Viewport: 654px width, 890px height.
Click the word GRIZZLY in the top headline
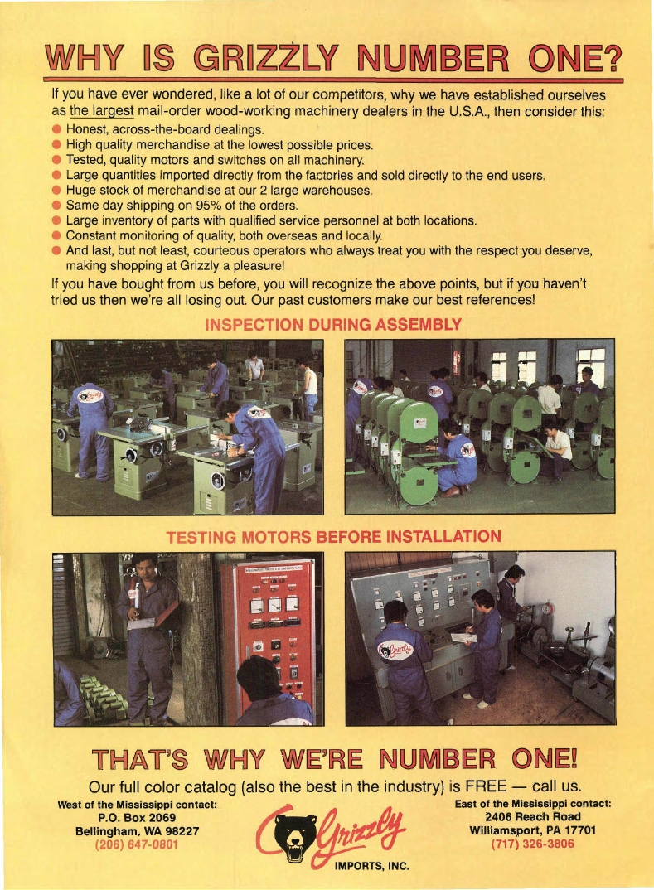(265, 58)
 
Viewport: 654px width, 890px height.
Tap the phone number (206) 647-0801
(136, 844)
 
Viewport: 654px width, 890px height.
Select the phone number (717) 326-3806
(532, 844)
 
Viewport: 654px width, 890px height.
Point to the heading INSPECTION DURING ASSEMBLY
(333, 325)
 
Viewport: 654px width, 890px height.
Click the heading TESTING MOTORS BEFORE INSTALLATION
(334, 537)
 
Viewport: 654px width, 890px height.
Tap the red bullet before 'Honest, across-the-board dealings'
(56, 129)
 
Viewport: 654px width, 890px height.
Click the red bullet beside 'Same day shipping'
(56, 205)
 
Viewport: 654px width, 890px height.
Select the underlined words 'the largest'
(102, 111)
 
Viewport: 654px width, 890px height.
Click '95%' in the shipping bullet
(208, 205)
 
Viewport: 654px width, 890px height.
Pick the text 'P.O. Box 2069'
(137, 818)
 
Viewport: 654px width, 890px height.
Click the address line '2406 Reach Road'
(532, 817)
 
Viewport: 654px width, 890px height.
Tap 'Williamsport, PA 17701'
(532, 830)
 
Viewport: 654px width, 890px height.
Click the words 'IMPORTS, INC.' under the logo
(372, 866)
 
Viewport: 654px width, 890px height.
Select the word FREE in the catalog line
(486, 786)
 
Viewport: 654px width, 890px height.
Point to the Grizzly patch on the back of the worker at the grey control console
(395, 650)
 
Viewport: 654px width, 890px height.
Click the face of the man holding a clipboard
(144, 569)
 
